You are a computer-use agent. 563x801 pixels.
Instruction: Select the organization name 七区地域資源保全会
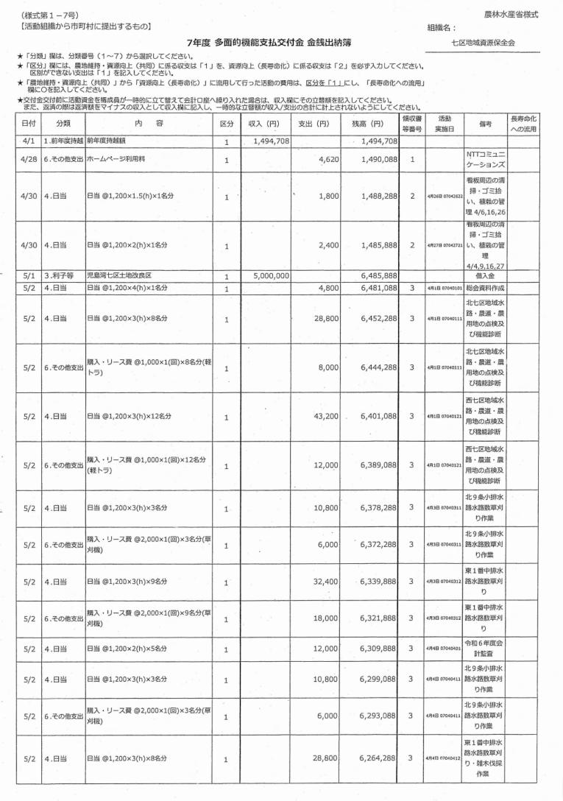(x=484, y=43)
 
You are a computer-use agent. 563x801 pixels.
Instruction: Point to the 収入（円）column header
(x=264, y=124)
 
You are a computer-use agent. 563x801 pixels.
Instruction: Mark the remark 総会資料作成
(x=484, y=289)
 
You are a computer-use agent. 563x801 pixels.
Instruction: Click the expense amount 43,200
(x=325, y=416)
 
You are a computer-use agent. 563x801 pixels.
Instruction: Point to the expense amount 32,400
(x=325, y=581)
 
